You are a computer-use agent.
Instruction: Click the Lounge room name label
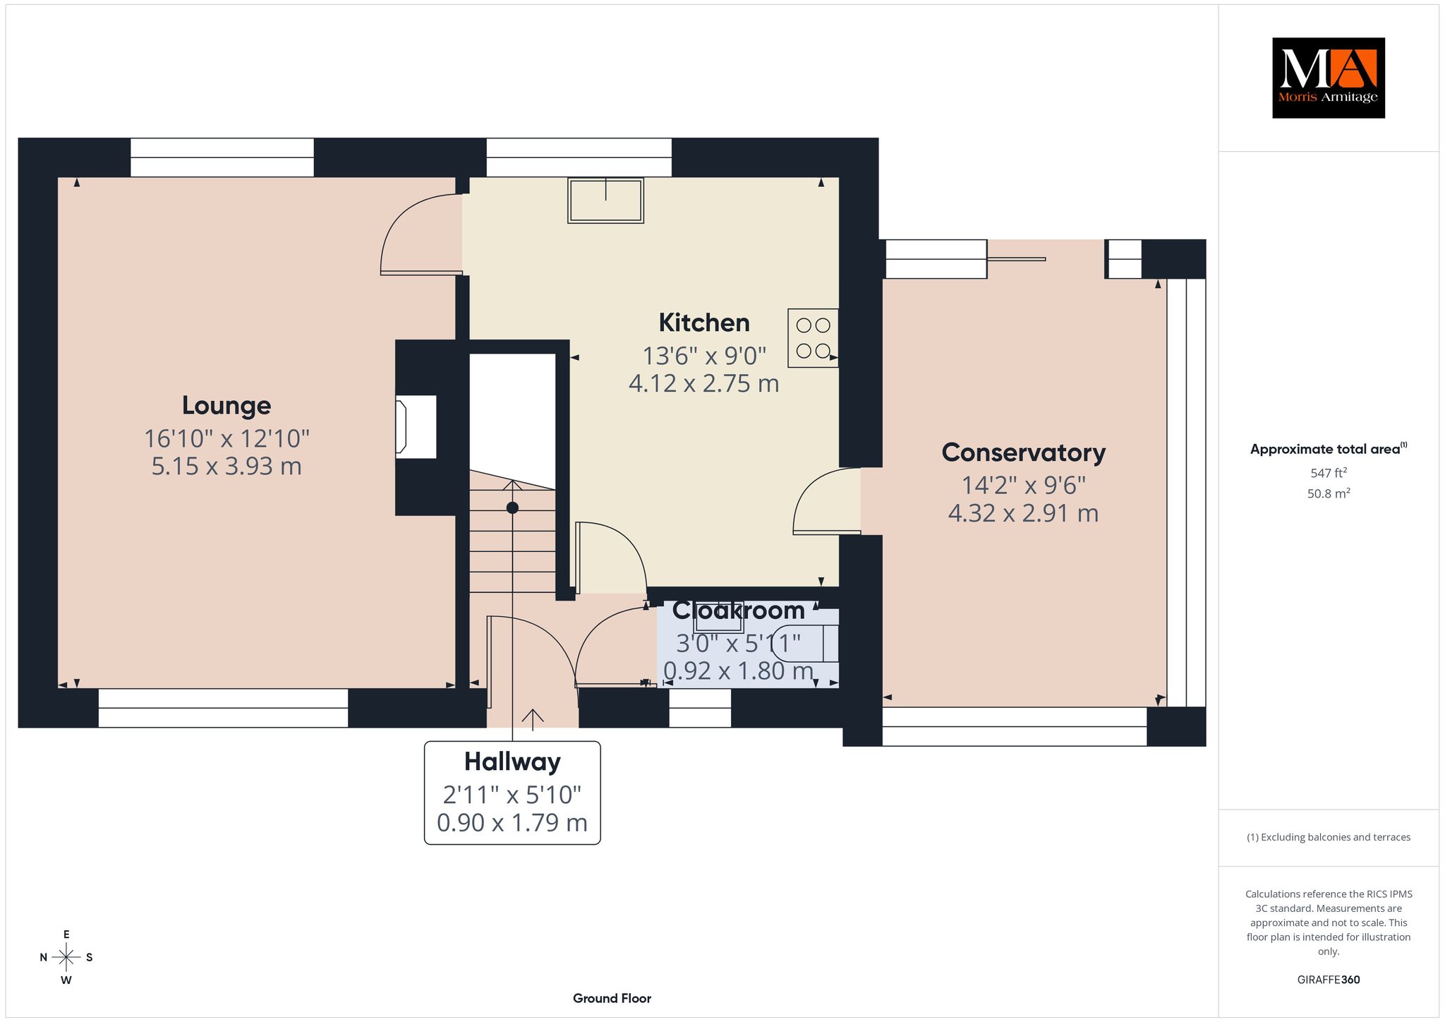[226, 406]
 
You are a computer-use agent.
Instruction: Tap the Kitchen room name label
[704, 323]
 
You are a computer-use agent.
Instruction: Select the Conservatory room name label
[1024, 453]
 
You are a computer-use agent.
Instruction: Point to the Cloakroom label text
[738, 611]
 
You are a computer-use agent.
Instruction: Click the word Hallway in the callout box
[512, 762]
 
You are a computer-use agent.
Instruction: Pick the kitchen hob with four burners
[813, 338]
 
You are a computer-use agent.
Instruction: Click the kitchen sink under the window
[606, 200]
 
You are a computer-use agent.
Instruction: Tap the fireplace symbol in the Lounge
[416, 427]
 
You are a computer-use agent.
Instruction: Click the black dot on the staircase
[512, 507]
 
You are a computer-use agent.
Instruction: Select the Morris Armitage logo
[1328, 78]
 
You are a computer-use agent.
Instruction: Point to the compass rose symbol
[66, 957]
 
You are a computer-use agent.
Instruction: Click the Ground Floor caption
[612, 999]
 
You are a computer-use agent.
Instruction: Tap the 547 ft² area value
[1327, 473]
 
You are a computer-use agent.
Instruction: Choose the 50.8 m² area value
[1329, 493]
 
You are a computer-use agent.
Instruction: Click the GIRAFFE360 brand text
[1329, 980]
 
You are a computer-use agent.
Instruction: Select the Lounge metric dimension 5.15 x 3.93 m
[226, 467]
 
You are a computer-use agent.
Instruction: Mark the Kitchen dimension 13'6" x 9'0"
[704, 356]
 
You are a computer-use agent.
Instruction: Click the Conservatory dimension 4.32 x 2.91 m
[1024, 513]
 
